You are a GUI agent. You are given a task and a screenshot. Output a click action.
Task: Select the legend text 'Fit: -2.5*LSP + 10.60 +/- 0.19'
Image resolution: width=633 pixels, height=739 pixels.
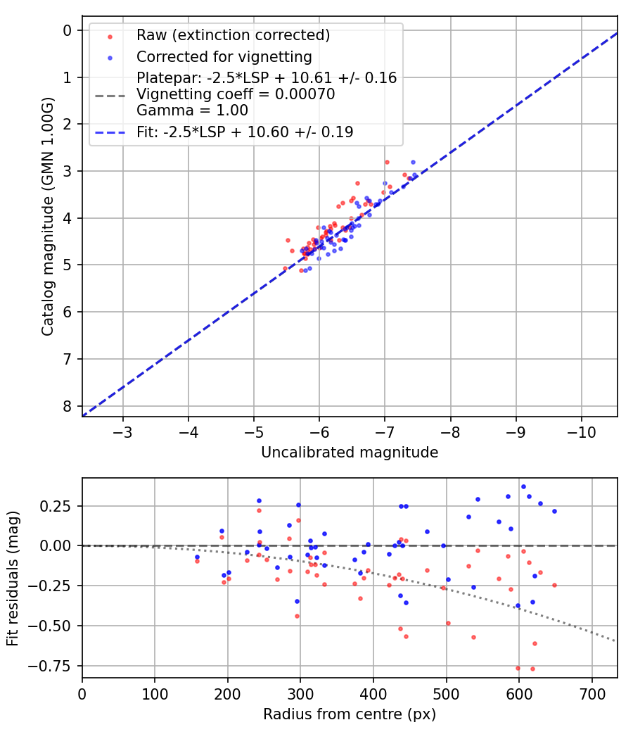coord(245,132)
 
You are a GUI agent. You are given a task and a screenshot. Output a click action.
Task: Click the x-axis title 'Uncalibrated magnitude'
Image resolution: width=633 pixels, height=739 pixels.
coord(350,453)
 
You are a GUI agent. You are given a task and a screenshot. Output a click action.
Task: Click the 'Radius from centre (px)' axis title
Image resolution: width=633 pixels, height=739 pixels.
coord(350,714)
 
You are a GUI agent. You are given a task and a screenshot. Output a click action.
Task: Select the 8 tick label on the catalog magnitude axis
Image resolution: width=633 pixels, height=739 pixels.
coord(68,406)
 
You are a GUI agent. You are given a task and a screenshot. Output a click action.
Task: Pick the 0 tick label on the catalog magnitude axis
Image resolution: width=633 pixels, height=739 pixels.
coord(68,30)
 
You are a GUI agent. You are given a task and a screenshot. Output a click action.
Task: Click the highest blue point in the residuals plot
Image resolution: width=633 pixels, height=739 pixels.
coord(523,486)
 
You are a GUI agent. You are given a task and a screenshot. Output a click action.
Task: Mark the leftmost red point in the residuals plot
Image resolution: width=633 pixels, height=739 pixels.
coord(197,561)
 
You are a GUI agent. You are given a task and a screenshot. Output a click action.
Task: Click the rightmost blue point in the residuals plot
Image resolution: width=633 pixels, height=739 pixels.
coord(554,511)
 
